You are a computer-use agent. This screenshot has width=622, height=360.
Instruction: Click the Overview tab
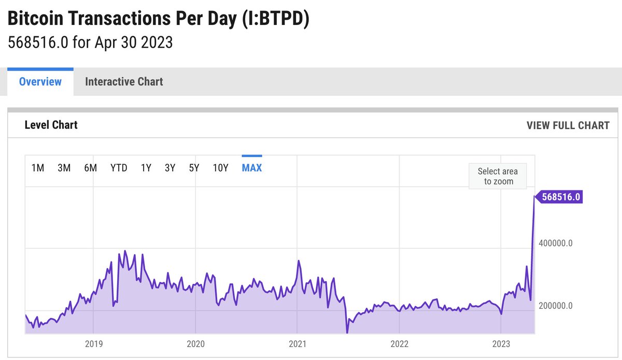40,81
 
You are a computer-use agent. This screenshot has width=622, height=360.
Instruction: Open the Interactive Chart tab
124,81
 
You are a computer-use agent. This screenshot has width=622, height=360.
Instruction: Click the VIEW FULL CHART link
568,126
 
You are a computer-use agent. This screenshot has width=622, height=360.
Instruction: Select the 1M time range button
38,168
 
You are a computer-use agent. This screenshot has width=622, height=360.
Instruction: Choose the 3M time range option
64,168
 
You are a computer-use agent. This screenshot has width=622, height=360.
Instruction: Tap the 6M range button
90,168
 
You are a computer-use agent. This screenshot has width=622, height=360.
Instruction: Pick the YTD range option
119,168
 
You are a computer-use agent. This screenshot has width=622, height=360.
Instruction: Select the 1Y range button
146,168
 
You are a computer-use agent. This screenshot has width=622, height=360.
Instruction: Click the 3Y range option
170,168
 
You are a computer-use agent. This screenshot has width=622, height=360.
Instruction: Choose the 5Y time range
194,168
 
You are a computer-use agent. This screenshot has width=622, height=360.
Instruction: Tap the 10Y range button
220,168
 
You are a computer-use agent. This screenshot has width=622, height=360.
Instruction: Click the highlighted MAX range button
252,168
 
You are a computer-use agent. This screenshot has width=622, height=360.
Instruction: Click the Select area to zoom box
498,176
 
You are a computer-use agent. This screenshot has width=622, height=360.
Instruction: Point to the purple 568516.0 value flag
560,197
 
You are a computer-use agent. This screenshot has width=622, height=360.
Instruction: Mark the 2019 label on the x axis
93,343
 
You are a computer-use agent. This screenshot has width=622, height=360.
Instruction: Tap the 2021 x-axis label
297,343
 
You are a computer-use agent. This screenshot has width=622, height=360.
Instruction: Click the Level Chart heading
51,125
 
